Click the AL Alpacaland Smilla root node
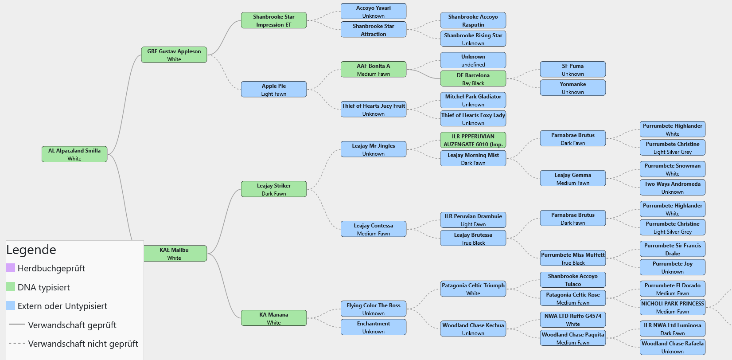74,154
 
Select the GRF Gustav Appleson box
174,55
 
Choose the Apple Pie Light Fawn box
274,90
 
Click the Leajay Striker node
274,189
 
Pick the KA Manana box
274,318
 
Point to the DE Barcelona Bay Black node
473,79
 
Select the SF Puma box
573,70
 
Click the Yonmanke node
573,88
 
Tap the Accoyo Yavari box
374,12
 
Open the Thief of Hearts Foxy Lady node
473,119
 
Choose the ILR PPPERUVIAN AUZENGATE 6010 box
473,140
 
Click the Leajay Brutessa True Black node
473,239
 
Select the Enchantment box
374,327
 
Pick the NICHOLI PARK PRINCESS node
673,307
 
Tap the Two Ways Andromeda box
673,188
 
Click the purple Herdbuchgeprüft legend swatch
11,268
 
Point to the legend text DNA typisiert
44,287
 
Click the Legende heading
31,250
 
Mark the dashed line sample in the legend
17,343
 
